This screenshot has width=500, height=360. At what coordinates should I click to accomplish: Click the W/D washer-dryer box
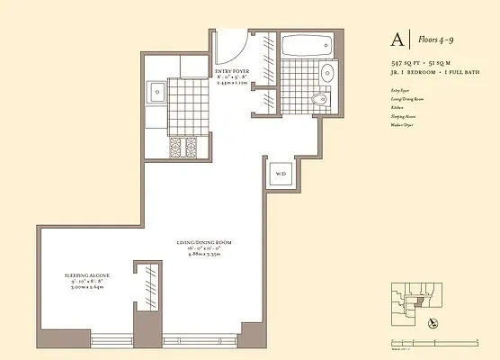pos(280,174)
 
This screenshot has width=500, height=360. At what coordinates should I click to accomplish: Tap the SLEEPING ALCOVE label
pos(86,275)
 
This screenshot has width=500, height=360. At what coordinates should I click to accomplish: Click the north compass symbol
pos(434,321)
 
